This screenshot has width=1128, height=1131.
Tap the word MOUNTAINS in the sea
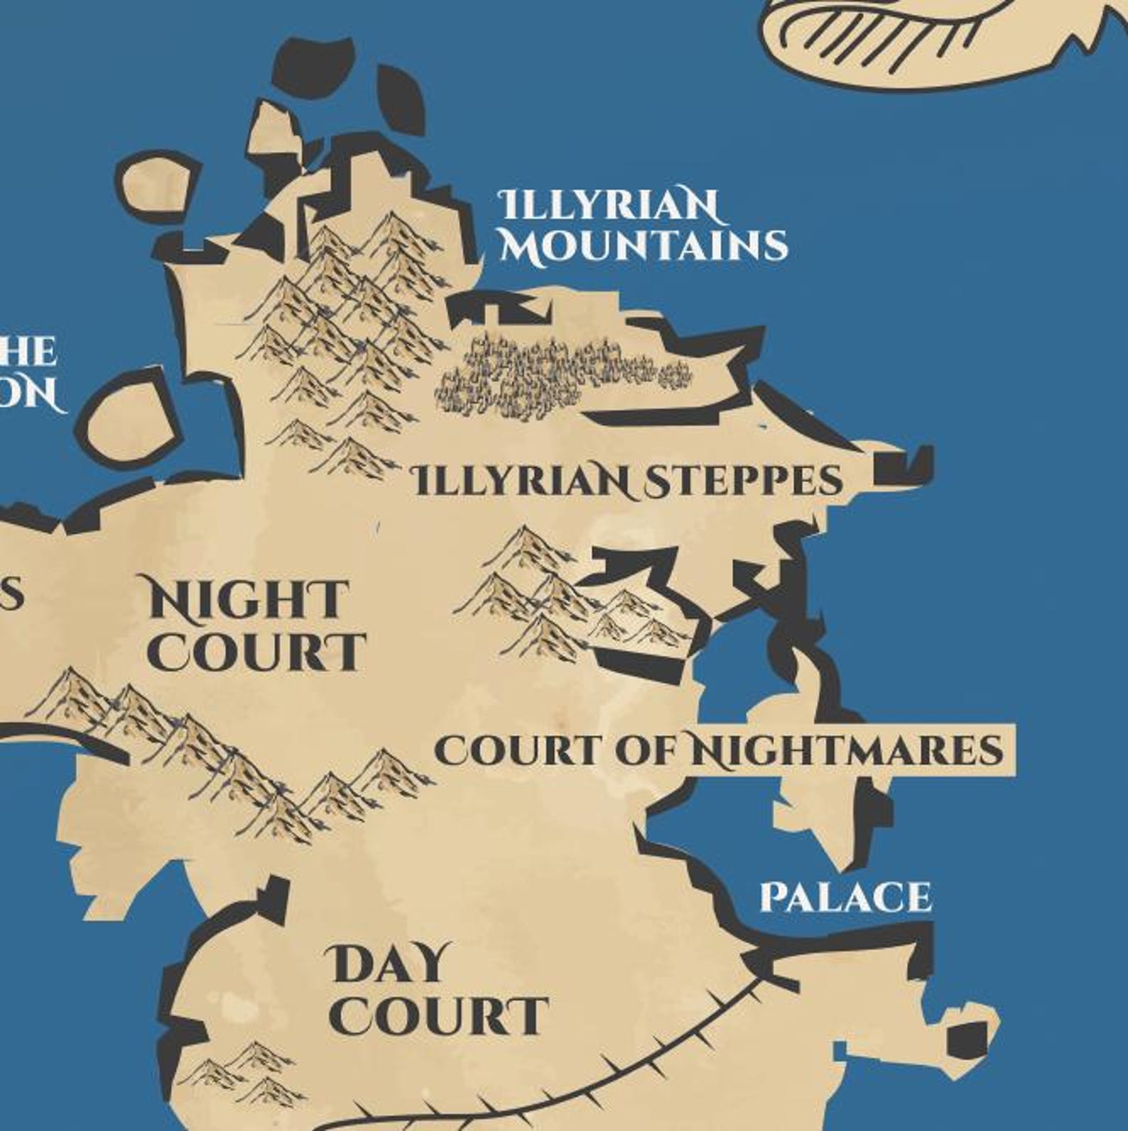(x=644, y=246)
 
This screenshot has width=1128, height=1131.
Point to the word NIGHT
(x=248, y=599)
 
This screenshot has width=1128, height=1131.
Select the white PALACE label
(x=845, y=897)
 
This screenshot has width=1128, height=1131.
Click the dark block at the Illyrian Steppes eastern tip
(x=902, y=466)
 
